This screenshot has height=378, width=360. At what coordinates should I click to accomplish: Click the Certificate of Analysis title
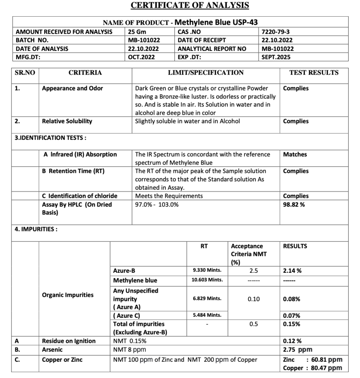point(190,5)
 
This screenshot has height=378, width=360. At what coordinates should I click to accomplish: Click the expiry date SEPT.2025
point(276,57)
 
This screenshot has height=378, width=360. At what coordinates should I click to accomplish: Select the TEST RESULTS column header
point(313,73)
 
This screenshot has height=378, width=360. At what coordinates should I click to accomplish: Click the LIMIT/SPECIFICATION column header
point(205,73)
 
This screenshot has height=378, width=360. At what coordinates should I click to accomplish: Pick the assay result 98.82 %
point(294,205)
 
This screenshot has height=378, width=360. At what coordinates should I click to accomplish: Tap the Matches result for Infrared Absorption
point(295,155)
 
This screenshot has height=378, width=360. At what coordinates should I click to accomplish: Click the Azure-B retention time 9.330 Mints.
point(207,271)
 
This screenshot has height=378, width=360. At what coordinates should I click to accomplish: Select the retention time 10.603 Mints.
point(207,280)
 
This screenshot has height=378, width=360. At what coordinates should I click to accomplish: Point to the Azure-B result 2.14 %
point(292,271)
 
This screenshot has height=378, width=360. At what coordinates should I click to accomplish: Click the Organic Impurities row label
point(68,295)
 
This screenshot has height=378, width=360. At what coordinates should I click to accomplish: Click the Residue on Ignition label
point(69,341)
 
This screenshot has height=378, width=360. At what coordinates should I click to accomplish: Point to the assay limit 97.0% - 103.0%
point(157,205)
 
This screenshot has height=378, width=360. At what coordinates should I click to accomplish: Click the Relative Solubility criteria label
point(67,121)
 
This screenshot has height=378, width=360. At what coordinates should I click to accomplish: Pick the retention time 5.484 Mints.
point(207,315)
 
